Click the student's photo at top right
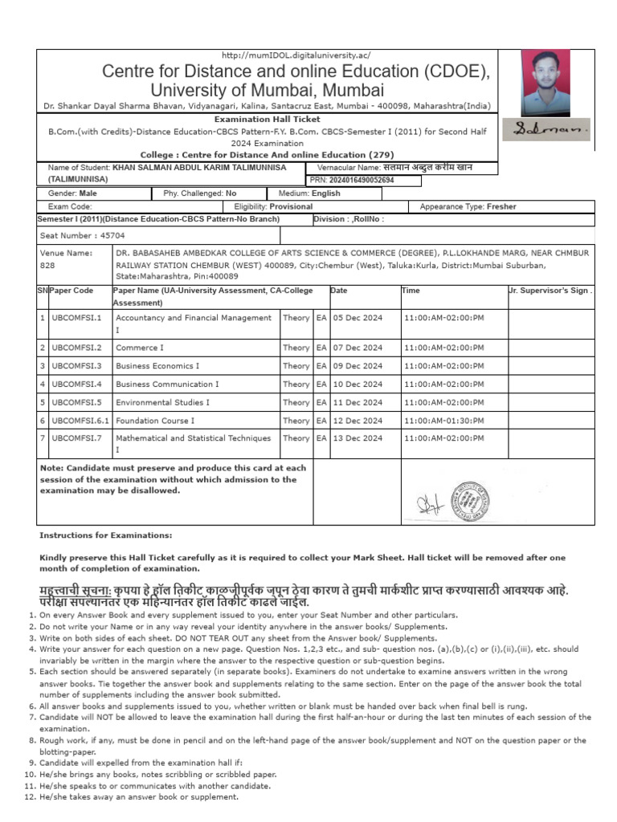(x=545, y=84)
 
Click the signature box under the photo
(x=551, y=128)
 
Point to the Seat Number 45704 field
(x=77, y=235)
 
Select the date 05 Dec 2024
(x=358, y=318)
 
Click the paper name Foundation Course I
(x=155, y=421)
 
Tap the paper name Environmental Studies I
(x=163, y=402)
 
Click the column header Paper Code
(x=71, y=291)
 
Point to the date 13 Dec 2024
(x=358, y=438)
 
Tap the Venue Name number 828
(x=47, y=265)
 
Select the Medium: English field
(x=309, y=193)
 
